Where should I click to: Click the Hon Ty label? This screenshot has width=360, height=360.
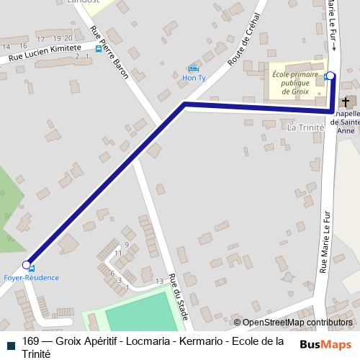(x=193, y=77)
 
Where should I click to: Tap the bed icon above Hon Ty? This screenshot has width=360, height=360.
(x=192, y=68)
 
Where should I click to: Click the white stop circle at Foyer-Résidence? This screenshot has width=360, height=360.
(x=27, y=264)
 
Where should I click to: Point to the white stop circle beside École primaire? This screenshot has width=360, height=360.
(x=330, y=76)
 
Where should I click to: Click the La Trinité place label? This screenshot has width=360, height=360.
(x=305, y=127)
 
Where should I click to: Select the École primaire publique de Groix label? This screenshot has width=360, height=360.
(x=296, y=82)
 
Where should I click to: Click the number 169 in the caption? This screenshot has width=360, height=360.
(x=31, y=341)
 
